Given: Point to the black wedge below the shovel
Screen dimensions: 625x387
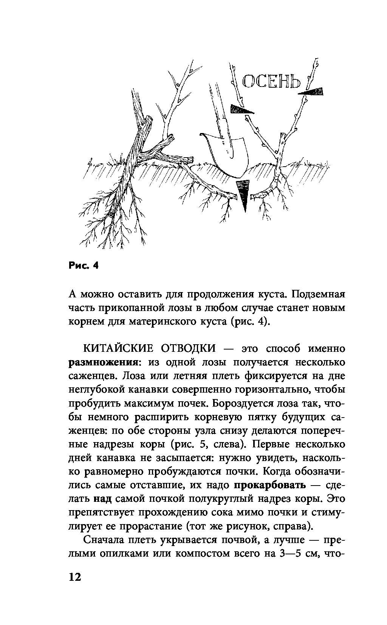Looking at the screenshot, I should coord(243,195).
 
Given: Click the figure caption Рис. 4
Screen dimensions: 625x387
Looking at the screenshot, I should coord(83,266).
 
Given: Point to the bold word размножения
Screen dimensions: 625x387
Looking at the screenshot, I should coord(102,362).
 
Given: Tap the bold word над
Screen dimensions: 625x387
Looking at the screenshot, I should coord(102,499).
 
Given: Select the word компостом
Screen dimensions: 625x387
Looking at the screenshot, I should coord(213,554).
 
